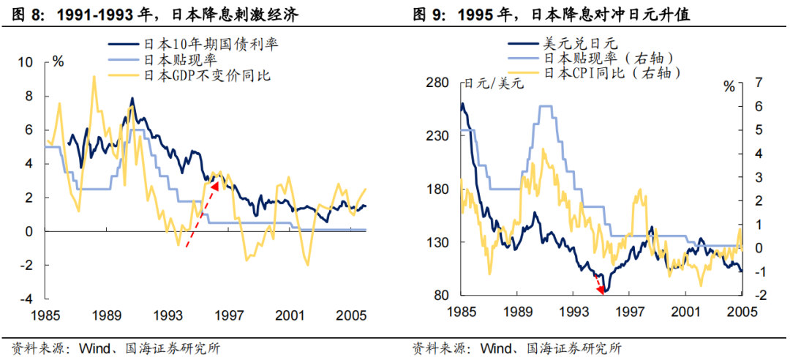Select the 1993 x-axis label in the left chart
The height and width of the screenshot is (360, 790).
pyautogui.click(x=169, y=315)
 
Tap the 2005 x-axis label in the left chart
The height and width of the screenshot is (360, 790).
pyautogui.click(x=352, y=315)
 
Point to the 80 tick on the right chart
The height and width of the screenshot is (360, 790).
pyautogui.click(x=440, y=296)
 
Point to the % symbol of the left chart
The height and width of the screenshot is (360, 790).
pyautogui.click(x=58, y=61)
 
